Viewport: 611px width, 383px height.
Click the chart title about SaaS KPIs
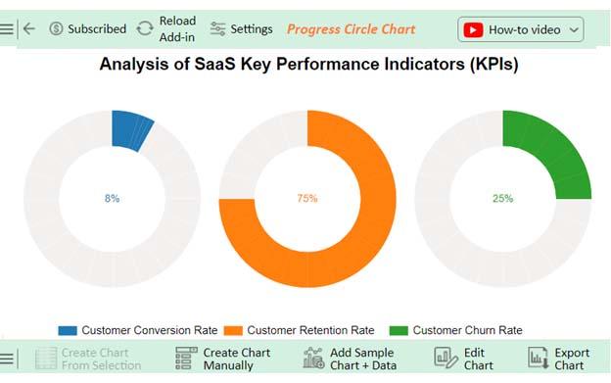pos(308,66)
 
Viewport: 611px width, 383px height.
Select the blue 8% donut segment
pos(131,131)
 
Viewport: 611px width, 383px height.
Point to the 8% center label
pos(112,198)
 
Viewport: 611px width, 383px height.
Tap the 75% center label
pos(307,198)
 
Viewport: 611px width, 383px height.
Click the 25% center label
pos(502,198)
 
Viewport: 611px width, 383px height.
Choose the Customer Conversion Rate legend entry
pos(138,330)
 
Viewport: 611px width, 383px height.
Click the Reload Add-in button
pos(166,28)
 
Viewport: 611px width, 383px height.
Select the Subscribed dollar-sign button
pos(87,28)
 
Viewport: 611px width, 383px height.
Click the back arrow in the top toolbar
pos(29,28)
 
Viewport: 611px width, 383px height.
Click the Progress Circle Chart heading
pos(351,28)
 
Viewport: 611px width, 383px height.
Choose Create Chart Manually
pos(222,359)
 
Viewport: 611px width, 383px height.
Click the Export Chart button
pos(558,359)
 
